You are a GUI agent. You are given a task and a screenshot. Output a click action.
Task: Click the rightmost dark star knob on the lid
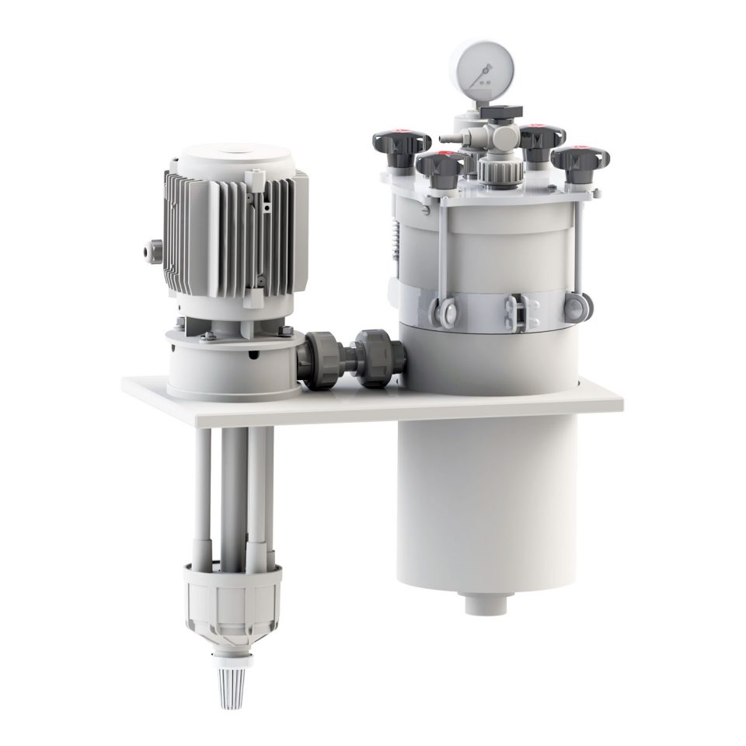click(x=580, y=159)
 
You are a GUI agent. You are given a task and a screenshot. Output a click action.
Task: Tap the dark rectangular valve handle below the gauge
click(x=497, y=113)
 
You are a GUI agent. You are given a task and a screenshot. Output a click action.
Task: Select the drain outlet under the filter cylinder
click(x=486, y=602)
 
